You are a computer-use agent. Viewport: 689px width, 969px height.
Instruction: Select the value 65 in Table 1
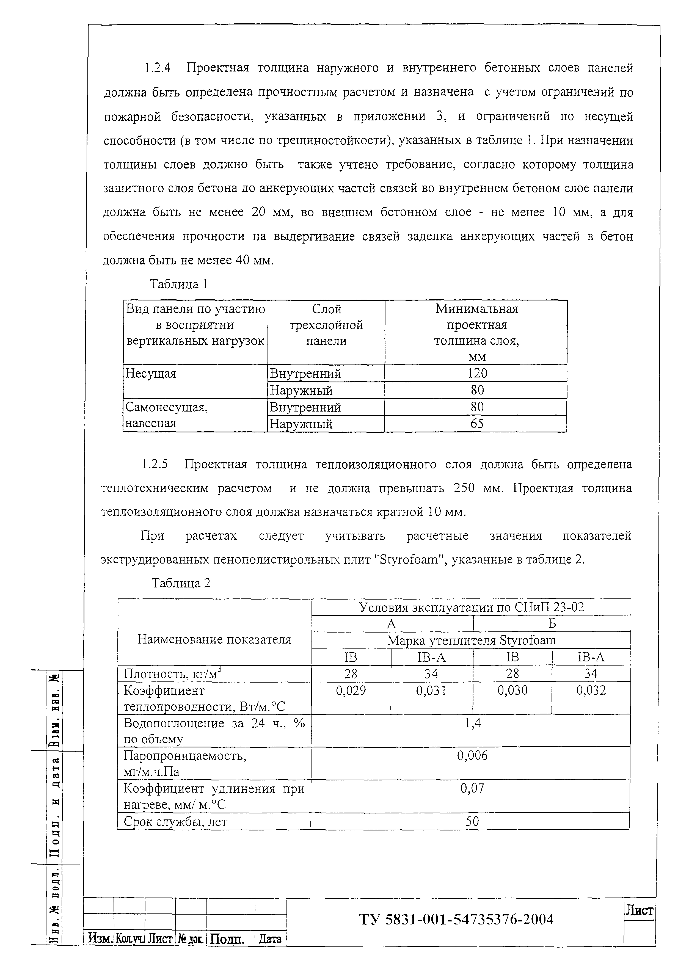coord(477,424)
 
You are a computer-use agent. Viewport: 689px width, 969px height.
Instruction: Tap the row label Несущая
coord(151,374)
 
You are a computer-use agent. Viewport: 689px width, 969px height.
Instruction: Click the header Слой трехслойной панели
coord(326,325)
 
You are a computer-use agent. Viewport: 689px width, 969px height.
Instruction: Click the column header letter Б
coord(552,623)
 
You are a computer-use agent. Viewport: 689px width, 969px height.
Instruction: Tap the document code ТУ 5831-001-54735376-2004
coord(456,920)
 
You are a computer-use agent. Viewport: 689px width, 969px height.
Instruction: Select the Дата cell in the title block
coord(270,939)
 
